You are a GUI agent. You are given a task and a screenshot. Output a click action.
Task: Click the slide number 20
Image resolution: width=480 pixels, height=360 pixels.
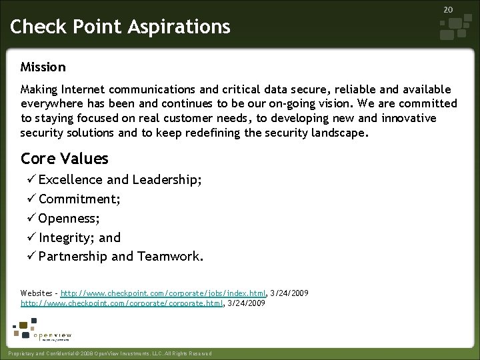coord(448,10)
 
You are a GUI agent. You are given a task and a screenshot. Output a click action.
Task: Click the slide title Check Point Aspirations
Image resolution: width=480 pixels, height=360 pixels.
coord(121,27)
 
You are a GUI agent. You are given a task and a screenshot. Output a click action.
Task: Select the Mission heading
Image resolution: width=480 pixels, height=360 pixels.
coord(43,67)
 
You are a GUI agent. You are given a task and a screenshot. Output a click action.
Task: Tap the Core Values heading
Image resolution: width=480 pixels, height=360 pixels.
coord(64,159)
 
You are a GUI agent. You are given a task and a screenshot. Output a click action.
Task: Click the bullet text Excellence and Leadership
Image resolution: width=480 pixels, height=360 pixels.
coord(120,180)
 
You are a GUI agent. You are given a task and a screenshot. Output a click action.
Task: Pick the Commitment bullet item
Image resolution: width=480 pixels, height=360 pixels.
coord(79,199)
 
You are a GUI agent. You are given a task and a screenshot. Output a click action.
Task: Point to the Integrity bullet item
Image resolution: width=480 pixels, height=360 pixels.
coord(79,237)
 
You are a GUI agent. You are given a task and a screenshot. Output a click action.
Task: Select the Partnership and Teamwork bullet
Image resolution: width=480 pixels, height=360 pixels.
coord(121,257)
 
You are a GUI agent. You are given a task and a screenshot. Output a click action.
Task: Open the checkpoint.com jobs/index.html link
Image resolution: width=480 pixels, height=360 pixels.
coord(164,293)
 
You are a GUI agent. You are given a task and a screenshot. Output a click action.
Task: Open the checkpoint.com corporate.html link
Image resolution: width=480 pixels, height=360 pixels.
coord(124,303)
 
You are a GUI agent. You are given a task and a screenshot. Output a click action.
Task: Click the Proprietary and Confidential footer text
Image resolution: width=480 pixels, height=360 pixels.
coord(107,353)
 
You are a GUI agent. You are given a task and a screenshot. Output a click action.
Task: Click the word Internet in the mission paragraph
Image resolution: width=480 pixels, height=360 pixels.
coord(85,89)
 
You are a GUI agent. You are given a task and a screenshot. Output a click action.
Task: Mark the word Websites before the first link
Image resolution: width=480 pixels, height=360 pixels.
coord(36,293)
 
